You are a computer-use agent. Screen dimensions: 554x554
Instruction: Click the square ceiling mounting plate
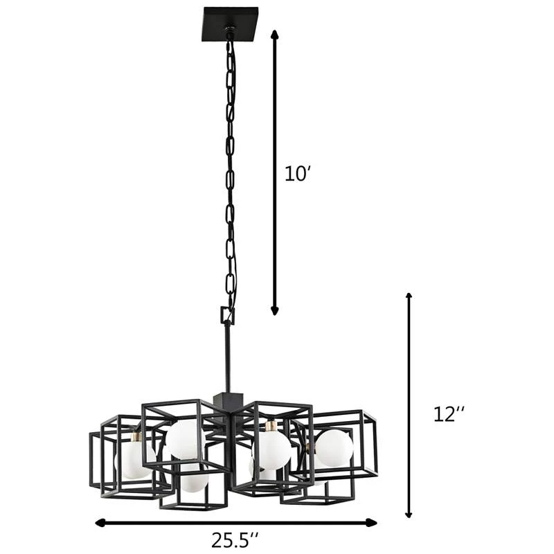pyautogui.click(x=230, y=24)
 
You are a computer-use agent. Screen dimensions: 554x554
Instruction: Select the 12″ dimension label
pyautogui.click(x=449, y=414)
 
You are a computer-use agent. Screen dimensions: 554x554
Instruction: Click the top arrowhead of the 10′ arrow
pyautogui.click(x=274, y=34)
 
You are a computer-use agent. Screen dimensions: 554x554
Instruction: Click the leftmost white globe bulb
pyautogui.click(x=132, y=461)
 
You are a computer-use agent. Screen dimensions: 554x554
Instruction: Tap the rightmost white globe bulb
pyautogui.click(x=334, y=448)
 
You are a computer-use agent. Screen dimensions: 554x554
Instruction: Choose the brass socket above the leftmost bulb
pyautogui.click(x=136, y=438)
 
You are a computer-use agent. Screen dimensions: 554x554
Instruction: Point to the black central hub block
pyautogui.click(x=227, y=401)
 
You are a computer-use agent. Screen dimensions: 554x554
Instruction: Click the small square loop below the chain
pyautogui.click(x=227, y=316)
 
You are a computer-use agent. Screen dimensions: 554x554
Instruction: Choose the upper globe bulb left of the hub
pyautogui.click(x=185, y=439)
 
